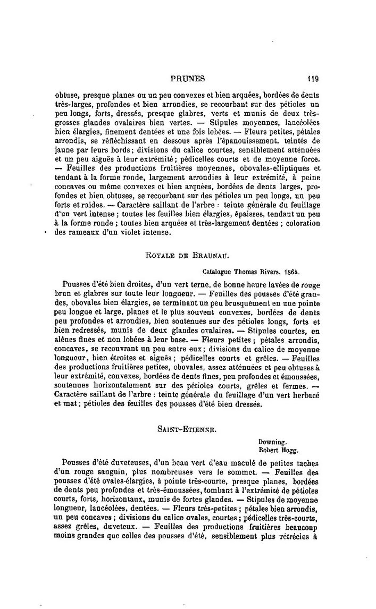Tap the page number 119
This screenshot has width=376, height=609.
point(312,79)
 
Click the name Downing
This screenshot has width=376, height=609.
point(272,441)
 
